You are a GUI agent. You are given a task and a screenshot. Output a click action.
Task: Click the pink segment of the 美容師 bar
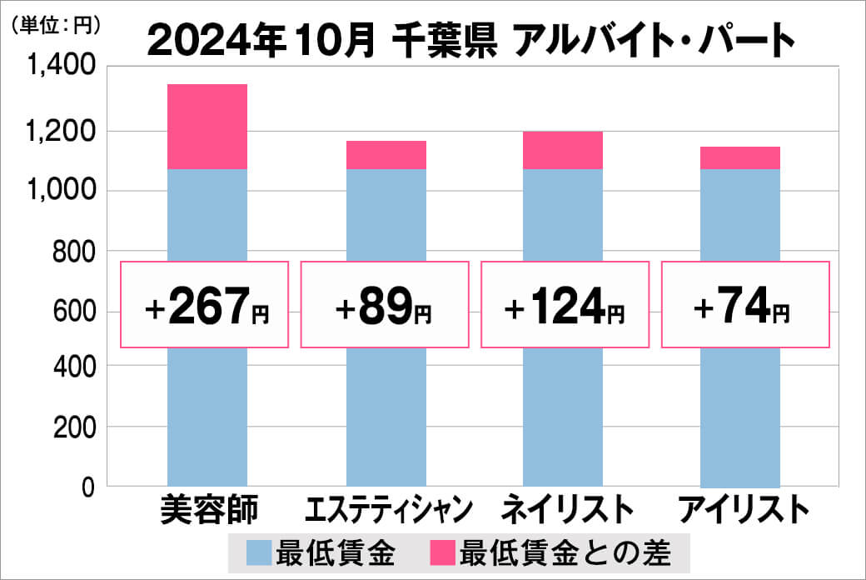tap(207, 127)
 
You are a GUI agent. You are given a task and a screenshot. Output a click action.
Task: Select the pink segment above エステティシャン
tap(386, 155)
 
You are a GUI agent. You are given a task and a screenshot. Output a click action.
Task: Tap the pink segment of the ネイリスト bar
tap(563, 150)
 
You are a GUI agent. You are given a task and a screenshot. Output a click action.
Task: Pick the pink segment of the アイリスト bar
tap(740, 157)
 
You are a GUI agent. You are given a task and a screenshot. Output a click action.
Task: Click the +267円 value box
tap(205, 305)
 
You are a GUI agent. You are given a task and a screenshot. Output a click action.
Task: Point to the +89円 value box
tap(384, 305)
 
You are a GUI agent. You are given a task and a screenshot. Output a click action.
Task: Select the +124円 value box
tap(564, 305)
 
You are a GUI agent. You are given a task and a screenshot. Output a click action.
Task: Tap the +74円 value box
tap(745, 305)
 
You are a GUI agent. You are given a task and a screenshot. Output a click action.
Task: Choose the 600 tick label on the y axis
tap(72, 312)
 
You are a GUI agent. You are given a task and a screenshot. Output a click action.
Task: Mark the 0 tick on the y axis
tap(87, 487)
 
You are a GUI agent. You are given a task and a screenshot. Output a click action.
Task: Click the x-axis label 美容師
tap(207, 509)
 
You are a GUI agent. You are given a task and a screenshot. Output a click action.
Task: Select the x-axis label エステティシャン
tap(386, 509)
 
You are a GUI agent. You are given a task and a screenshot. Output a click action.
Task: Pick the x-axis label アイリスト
tap(742, 509)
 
